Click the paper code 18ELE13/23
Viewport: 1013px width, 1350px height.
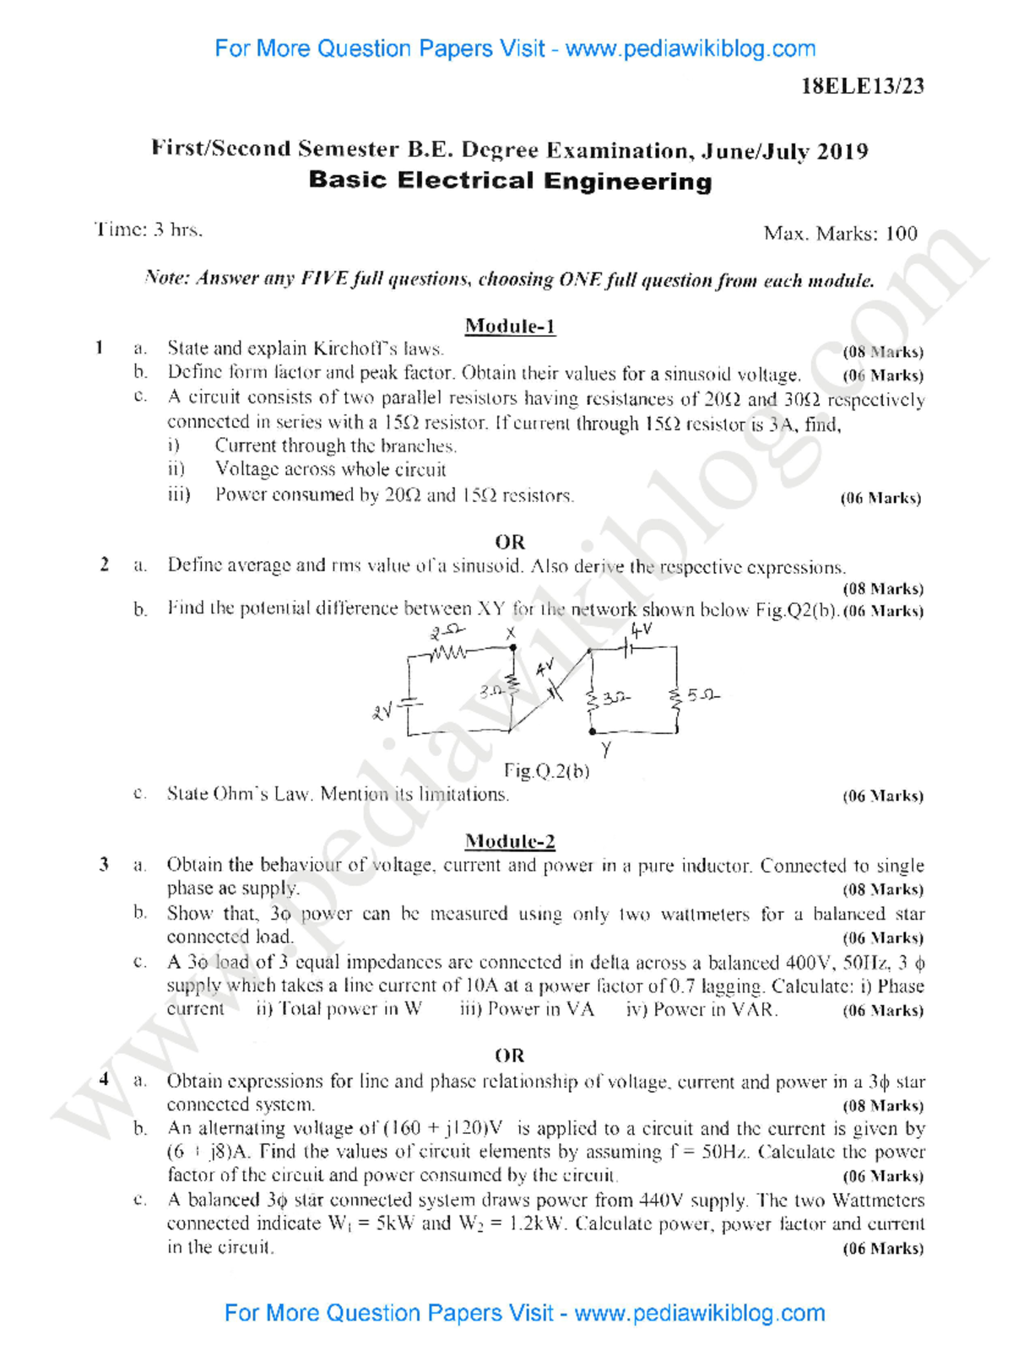pos(862,86)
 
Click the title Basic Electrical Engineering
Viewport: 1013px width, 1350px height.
pos(510,181)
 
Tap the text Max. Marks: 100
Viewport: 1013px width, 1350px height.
pos(840,234)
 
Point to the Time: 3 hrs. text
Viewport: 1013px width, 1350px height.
pos(149,229)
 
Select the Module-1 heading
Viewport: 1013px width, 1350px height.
pos(510,326)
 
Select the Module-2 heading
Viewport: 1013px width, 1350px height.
pos(510,840)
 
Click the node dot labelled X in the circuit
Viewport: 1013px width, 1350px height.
pos(512,648)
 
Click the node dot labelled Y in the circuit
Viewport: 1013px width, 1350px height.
pos(593,732)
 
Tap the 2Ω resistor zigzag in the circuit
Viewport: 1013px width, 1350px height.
pos(448,651)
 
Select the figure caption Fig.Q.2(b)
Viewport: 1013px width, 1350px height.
pos(546,770)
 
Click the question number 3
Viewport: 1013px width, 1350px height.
pos(104,864)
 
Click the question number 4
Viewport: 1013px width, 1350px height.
pos(104,1079)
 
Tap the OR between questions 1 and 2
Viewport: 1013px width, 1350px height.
pos(510,542)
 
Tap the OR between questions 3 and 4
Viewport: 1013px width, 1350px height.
pos(510,1056)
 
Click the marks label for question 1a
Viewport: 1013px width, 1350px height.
pos(883,352)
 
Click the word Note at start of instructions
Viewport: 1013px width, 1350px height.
pos(166,278)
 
